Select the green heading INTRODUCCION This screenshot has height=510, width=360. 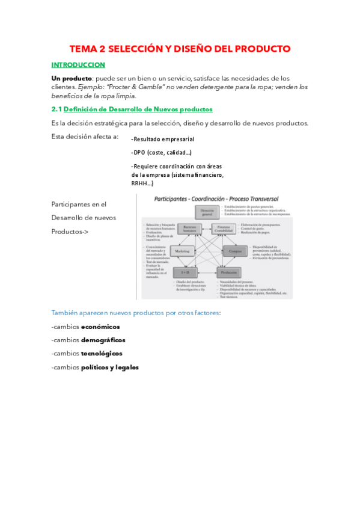[x=78, y=65]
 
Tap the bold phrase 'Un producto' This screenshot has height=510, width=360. [x=72, y=79]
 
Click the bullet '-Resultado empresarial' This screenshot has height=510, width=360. [x=162, y=139]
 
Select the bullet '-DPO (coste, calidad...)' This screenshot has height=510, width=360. [x=161, y=153]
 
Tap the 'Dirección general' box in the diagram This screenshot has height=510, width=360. [x=207, y=211]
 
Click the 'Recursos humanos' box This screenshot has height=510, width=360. [x=190, y=229]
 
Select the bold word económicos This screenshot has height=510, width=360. [x=100, y=327]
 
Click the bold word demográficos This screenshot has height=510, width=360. [x=103, y=340]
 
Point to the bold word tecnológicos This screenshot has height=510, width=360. [x=102, y=354]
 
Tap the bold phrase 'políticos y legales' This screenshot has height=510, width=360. [x=110, y=367]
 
